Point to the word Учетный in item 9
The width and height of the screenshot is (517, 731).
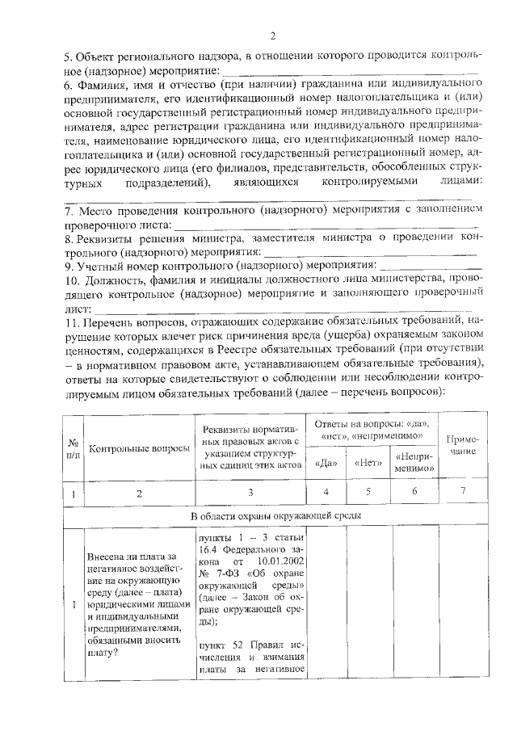click(102, 265)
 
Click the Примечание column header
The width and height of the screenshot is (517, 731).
click(457, 447)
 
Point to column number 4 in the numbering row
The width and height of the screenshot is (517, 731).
click(326, 492)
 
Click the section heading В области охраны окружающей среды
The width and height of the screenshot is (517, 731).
click(275, 515)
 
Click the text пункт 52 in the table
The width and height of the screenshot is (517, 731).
click(218, 645)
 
